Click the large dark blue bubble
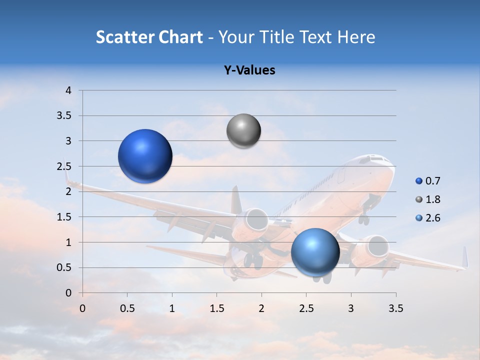(x=145, y=156)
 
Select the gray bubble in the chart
(x=243, y=131)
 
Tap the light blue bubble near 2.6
(x=315, y=251)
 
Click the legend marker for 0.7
(x=419, y=181)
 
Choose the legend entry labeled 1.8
(x=433, y=199)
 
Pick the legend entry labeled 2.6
(x=433, y=218)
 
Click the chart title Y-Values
(x=249, y=70)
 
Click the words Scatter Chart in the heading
(x=149, y=37)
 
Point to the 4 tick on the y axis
(x=69, y=90)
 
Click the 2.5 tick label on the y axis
(x=64, y=166)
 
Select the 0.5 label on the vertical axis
(x=64, y=267)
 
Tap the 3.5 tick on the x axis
(x=395, y=308)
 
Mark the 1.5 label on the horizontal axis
(x=216, y=308)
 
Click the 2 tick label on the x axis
(x=261, y=308)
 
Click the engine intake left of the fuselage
(x=257, y=219)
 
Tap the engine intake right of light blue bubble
(x=377, y=246)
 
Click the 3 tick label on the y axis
(x=69, y=141)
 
